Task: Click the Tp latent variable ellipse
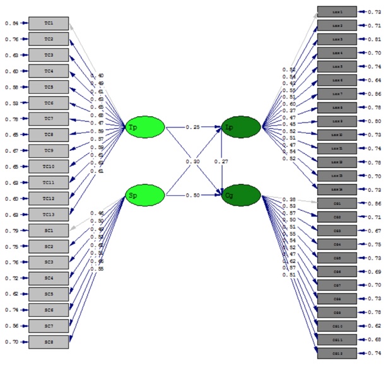[144, 128]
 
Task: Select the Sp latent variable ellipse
[144, 195]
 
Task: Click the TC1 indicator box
[48, 24]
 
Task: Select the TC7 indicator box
[48, 119]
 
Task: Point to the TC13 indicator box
[48, 214]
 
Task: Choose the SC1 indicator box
[48, 230]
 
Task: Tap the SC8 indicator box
[48, 342]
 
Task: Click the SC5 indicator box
[48, 294]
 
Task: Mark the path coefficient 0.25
[192, 128]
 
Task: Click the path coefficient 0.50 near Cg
[192, 195]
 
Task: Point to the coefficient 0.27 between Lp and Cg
[220, 162]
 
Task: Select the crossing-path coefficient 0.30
[192, 162]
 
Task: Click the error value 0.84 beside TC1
[11, 24]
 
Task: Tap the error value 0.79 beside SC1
[11, 230]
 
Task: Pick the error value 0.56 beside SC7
[11, 326]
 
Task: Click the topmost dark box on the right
[337, 11]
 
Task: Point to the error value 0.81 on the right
[373, 39]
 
